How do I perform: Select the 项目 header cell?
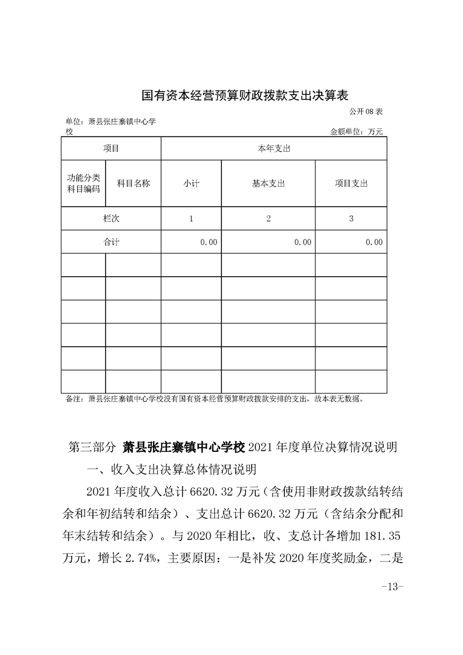[x=111, y=149]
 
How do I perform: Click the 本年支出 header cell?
[x=274, y=149]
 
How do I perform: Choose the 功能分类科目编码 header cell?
[x=83, y=183]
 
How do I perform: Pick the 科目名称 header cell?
[x=133, y=183]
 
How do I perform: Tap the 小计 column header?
[x=191, y=183]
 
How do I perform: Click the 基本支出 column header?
[x=268, y=183]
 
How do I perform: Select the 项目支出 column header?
[x=351, y=183]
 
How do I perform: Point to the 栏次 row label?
[x=111, y=218]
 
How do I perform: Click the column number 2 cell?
[x=268, y=218]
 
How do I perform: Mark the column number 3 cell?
[x=351, y=218]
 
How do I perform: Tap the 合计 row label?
[x=111, y=242]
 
